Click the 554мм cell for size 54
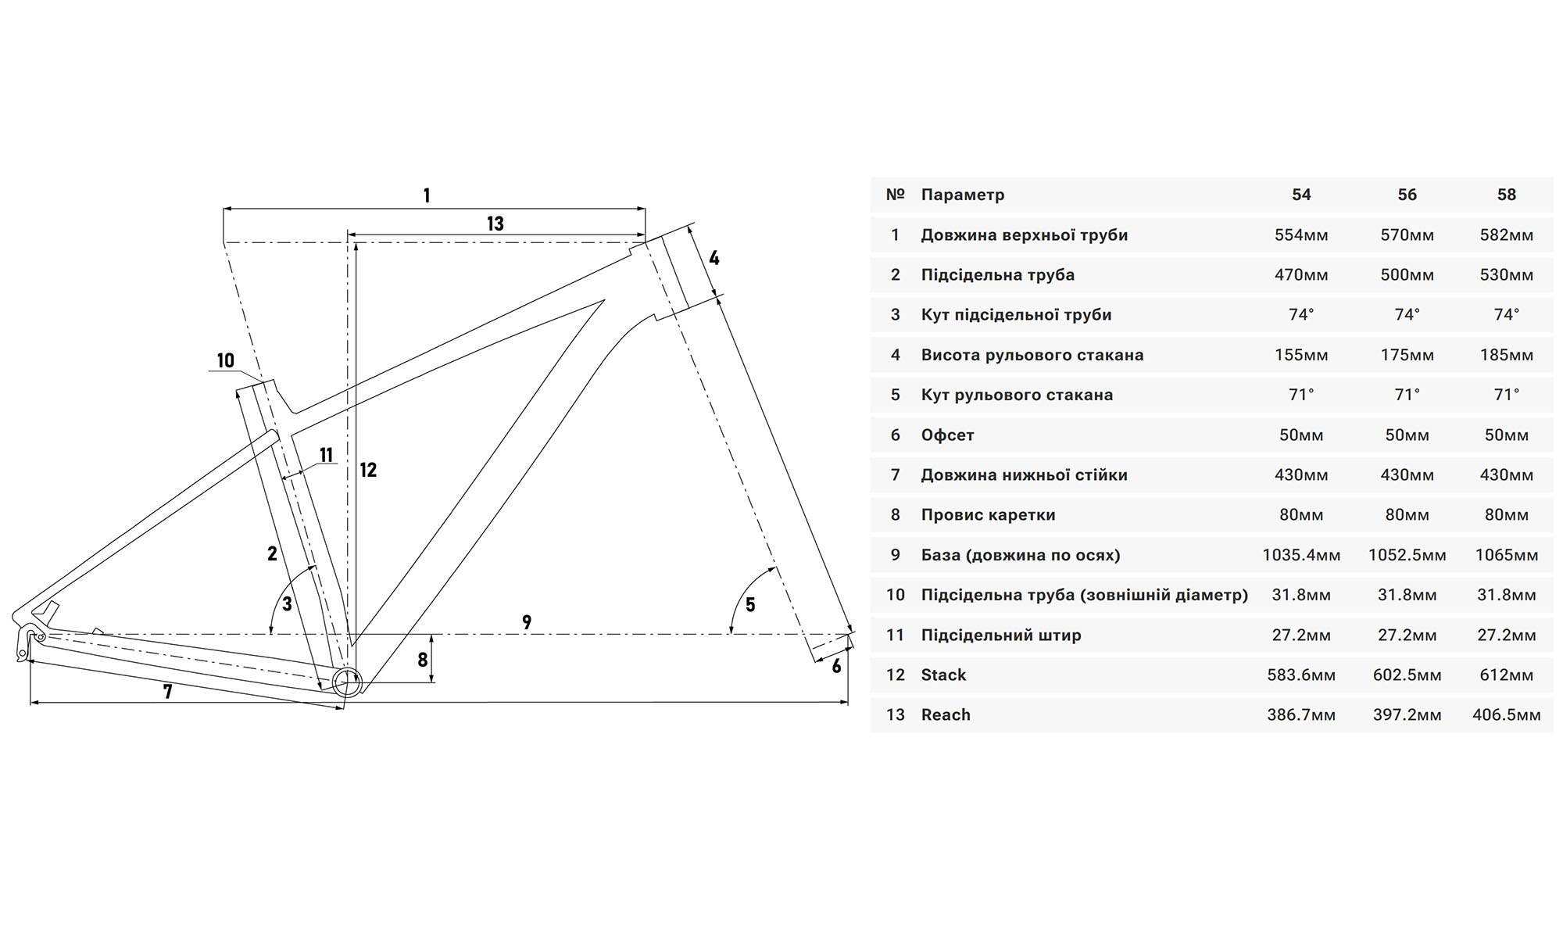click(1301, 235)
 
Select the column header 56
click(1407, 195)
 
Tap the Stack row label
click(943, 675)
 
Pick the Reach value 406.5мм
click(1506, 714)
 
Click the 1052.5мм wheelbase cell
click(1407, 555)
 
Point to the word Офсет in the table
click(947, 435)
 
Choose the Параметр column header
click(963, 195)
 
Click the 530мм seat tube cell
click(1506, 275)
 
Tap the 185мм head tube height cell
click(1506, 355)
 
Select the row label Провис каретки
click(988, 515)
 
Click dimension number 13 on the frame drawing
click(495, 224)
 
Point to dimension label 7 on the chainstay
click(167, 692)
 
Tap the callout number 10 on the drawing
click(225, 360)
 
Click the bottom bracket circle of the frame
click(347, 682)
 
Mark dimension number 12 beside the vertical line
click(368, 470)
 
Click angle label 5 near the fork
click(750, 604)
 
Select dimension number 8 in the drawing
click(423, 660)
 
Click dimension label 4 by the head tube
click(714, 258)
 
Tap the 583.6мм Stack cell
click(1301, 675)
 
